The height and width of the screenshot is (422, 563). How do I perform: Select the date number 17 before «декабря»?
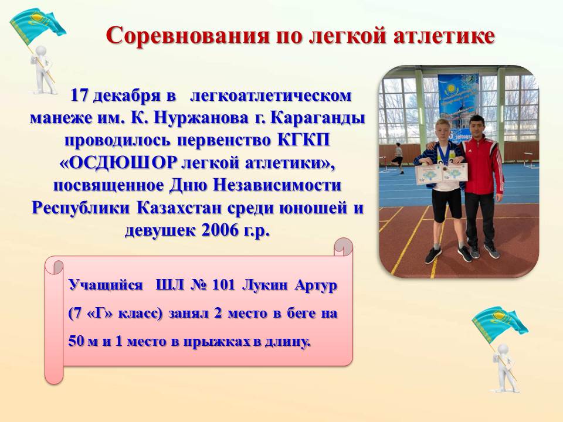[x=79, y=96]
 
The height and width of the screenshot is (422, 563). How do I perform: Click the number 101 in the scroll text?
[x=223, y=285]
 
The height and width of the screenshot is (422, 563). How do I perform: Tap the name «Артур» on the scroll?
[x=316, y=286]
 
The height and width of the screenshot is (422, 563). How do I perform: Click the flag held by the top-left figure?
[x=36, y=25]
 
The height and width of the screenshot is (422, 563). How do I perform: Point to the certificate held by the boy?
[x=442, y=173]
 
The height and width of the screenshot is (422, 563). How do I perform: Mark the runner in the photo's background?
[x=398, y=158]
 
